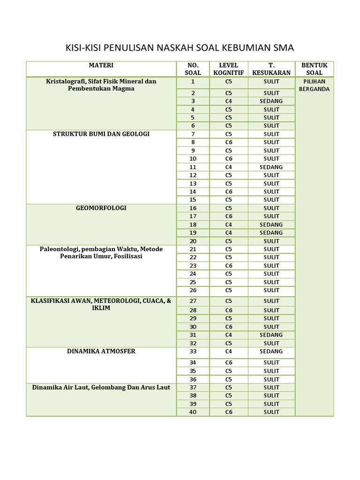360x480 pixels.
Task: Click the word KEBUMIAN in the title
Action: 249,48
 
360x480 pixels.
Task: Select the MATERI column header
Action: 101,66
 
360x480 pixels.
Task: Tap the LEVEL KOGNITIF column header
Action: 228,69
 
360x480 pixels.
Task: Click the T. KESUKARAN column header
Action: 271,69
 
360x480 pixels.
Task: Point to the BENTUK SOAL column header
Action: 314,69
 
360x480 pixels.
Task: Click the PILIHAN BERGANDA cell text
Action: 314,85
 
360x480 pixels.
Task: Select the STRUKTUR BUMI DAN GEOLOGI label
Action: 101,134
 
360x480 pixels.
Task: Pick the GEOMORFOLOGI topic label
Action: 101,208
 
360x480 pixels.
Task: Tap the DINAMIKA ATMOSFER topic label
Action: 101,351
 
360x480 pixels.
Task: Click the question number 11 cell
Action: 193,167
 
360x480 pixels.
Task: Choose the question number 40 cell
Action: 193,412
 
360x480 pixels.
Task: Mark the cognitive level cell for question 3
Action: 228,101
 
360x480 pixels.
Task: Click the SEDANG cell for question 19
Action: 271,232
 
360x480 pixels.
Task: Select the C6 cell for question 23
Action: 228,265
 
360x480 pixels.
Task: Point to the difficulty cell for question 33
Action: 271,351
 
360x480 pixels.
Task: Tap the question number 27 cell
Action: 193,301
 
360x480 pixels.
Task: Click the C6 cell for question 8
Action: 228,142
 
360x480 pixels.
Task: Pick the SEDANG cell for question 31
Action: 271,335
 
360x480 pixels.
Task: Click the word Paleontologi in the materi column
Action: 59,249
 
